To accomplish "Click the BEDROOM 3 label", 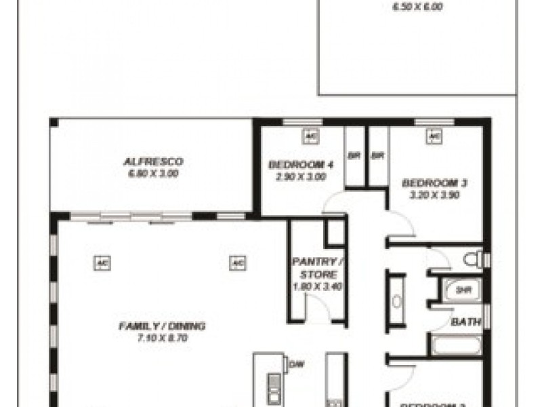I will point(434,182).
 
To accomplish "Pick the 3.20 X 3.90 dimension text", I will point(434,195).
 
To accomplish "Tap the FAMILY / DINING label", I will point(162,326).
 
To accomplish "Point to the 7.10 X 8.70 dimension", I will point(162,337).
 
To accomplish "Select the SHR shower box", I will point(463,290).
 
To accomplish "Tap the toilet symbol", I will point(475,259).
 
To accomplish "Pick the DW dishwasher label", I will point(295,365).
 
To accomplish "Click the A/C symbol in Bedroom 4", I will point(311,136).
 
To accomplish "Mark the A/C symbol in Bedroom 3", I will point(434,136).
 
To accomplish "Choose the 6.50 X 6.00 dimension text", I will point(417,8).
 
